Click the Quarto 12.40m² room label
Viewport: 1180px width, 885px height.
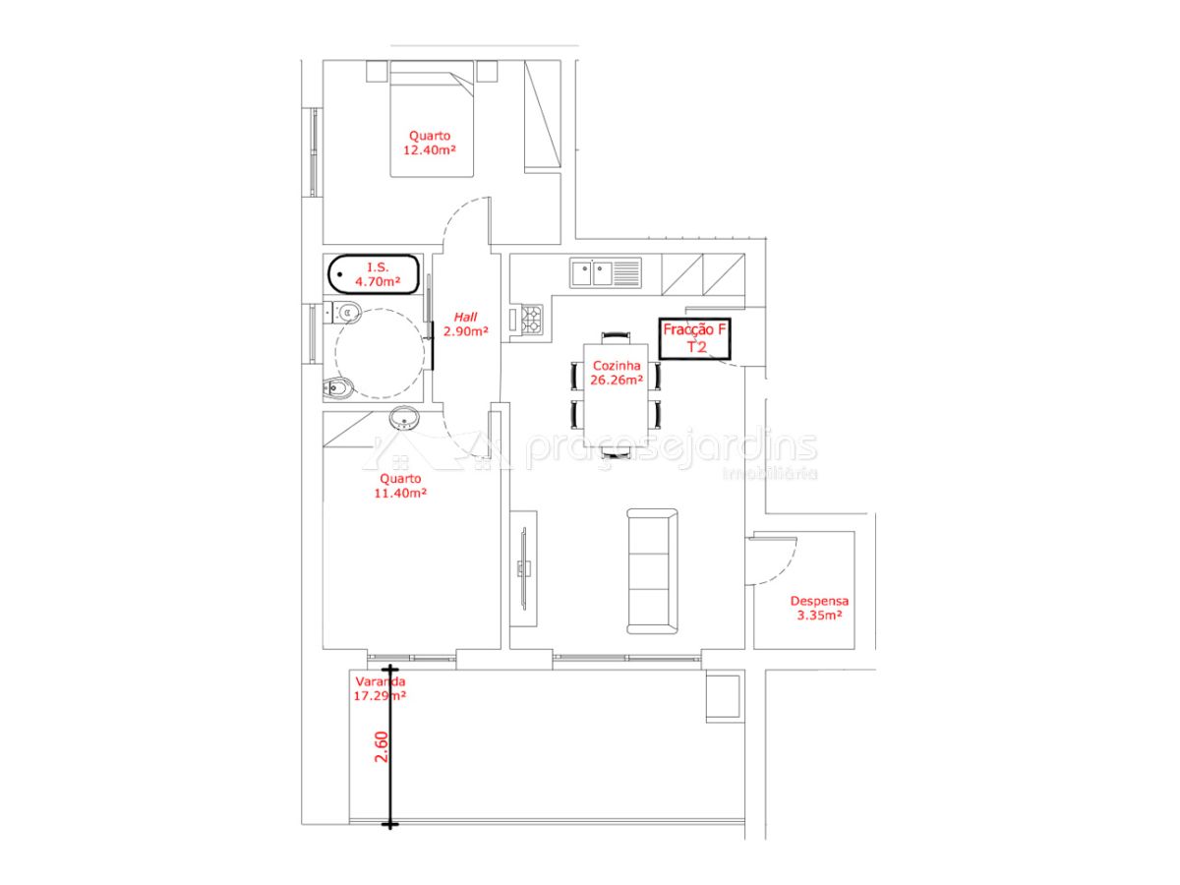430,143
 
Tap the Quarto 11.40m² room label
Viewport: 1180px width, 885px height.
400,486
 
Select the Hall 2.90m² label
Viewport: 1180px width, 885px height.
465,324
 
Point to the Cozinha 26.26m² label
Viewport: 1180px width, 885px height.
617,373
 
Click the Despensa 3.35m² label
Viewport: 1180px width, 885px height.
819,609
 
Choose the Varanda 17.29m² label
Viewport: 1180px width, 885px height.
380,688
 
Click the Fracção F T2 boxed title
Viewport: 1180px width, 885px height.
694,338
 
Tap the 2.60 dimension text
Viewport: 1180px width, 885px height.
381,747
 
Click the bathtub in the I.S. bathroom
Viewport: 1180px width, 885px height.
374,274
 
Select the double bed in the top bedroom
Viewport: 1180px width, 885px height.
432,119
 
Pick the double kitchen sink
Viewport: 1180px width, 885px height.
606,273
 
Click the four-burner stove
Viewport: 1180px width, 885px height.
532,320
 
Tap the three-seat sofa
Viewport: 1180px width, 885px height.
652,571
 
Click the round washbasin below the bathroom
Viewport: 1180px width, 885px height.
405,418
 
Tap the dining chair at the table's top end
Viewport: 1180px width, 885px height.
617,338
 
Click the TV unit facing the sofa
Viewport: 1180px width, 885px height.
523,568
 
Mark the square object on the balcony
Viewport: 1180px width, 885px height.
723,696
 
